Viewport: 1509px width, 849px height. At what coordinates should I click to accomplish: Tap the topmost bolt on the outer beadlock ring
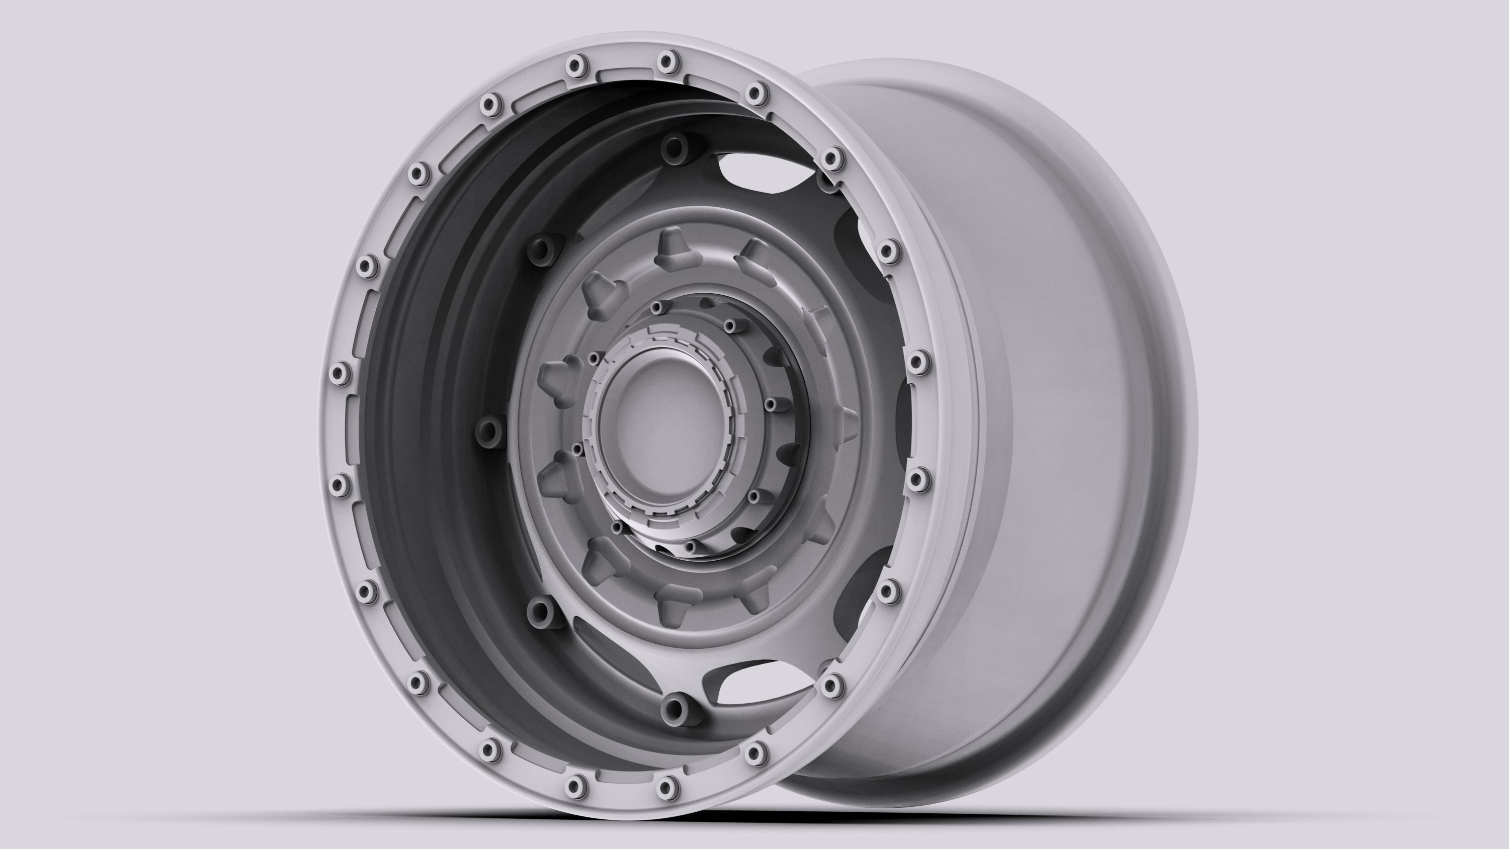click(x=667, y=60)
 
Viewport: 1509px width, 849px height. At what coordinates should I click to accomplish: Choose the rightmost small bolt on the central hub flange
click(x=771, y=404)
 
